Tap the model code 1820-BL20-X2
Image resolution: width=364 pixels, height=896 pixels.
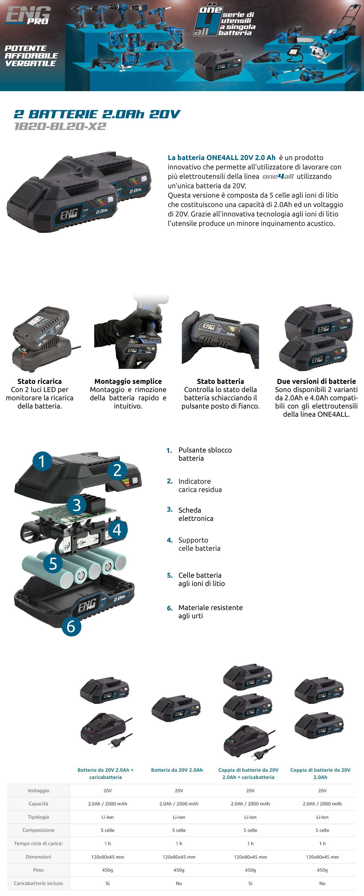coord(60,126)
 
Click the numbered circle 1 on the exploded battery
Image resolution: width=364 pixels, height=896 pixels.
coord(42,461)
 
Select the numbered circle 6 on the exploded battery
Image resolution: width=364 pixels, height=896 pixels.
coord(71,626)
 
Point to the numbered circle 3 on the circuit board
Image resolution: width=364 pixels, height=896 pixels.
coord(76,505)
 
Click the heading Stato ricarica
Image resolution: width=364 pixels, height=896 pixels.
coord(40,381)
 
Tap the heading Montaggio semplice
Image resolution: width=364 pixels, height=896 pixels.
coord(128,381)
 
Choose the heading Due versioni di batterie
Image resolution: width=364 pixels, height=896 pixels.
coord(316,381)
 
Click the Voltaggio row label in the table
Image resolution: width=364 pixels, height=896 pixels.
coord(38,790)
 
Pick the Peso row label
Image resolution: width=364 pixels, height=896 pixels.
coord(38,870)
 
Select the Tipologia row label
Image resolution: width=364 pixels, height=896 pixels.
coord(38,817)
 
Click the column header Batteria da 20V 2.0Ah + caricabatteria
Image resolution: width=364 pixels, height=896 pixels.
coord(106,774)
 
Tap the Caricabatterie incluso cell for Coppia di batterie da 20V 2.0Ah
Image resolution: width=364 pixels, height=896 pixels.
coord(322,883)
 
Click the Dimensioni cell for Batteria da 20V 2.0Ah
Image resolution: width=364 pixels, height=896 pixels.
coord(179,857)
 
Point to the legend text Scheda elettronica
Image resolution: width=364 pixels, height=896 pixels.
coord(196,514)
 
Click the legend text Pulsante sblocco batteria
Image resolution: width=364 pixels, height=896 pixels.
coord(205,454)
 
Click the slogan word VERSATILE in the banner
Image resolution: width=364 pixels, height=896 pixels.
coord(31,63)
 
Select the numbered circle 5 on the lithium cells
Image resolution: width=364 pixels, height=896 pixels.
coord(53,563)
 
